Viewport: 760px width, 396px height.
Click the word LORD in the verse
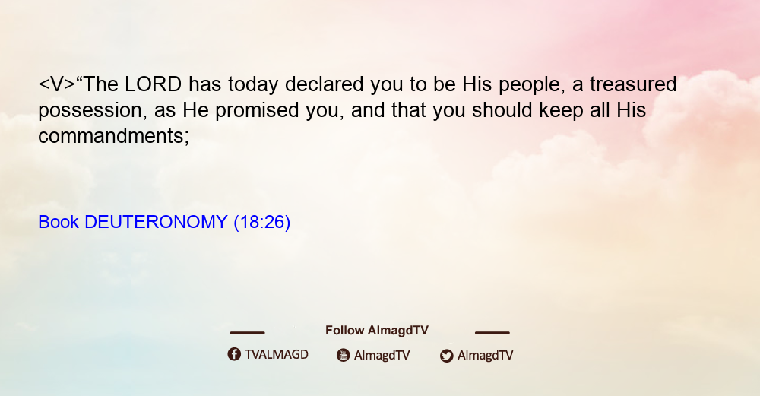(x=154, y=84)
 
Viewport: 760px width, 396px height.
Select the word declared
(x=324, y=84)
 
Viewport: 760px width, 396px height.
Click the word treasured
(x=633, y=84)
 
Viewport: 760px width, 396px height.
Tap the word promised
(x=257, y=111)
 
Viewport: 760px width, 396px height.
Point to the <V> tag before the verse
(x=57, y=84)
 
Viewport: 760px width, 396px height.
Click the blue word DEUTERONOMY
(x=156, y=222)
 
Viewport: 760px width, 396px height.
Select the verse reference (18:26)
(x=261, y=223)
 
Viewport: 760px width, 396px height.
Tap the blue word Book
(x=59, y=222)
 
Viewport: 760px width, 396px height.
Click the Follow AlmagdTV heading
(x=377, y=331)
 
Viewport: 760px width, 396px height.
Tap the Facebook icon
(x=234, y=354)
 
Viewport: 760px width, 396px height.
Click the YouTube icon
(x=344, y=355)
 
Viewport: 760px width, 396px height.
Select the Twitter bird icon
(x=446, y=356)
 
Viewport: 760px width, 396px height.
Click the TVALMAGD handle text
(x=277, y=355)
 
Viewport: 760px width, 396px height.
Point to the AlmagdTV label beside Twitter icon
(x=485, y=355)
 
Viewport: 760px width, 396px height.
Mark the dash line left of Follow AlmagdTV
(x=247, y=333)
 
